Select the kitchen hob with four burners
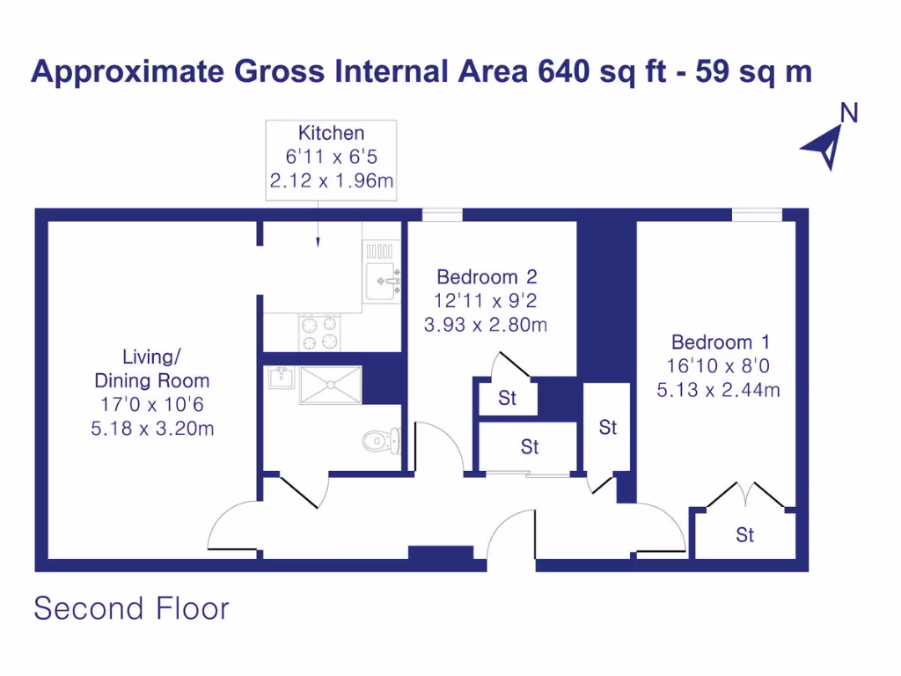click(x=320, y=332)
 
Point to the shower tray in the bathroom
click(x=330, y=386)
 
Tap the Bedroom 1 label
click(x=712, y=342)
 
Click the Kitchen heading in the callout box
click(x=331, y=134)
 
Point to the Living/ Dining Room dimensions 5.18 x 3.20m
click(x=154, y=430)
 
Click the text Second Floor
click(x=131, y=608)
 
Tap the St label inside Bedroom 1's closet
click(x=744, y=534)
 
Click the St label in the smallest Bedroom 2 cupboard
click(x=507, y=399)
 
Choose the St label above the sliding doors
click(x=529, y=447)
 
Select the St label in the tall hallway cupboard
click(x=607, y=428)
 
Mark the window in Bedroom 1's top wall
click(x=757, y=214)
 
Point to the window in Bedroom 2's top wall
click(x=442, y=214)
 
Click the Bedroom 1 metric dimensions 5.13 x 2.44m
click(x=718, y=389)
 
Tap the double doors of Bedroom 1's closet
click(x=746, y=496)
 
